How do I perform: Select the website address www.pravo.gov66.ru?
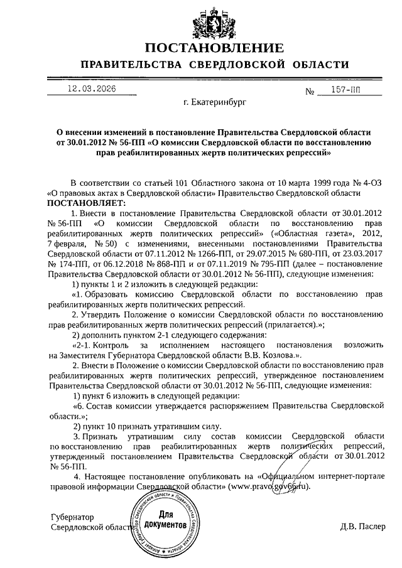(x=271, y=487)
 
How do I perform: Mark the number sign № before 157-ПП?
(x=310, y=92)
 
